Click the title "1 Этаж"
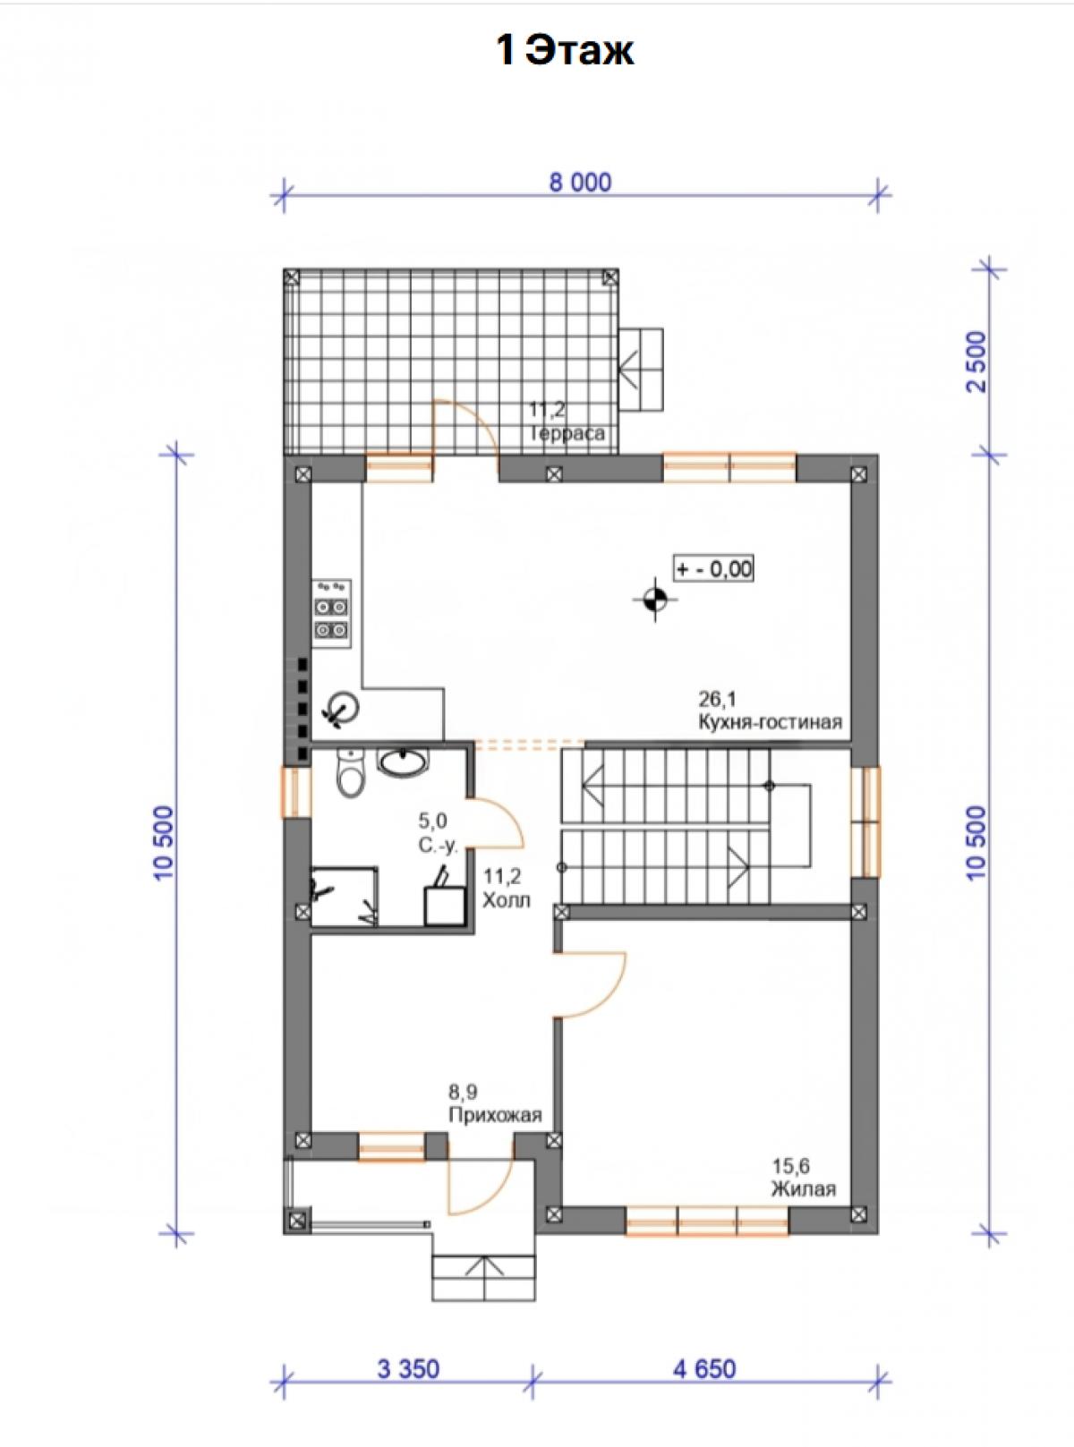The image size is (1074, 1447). coord(565,51)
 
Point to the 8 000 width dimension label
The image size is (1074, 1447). coord(580,183)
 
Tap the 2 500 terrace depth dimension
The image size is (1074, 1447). coord(978,362)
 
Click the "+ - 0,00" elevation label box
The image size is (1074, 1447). coord(714,568)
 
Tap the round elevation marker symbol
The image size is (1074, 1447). coord(655,599)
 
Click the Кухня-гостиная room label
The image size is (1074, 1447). coord(770,722)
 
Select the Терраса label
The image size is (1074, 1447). coord(567,433)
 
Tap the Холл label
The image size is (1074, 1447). coord(507,900)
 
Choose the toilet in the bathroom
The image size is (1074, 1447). coord(350,774)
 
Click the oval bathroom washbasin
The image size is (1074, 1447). coord(404,762)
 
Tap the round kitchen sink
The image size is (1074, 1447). coord(342,709)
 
